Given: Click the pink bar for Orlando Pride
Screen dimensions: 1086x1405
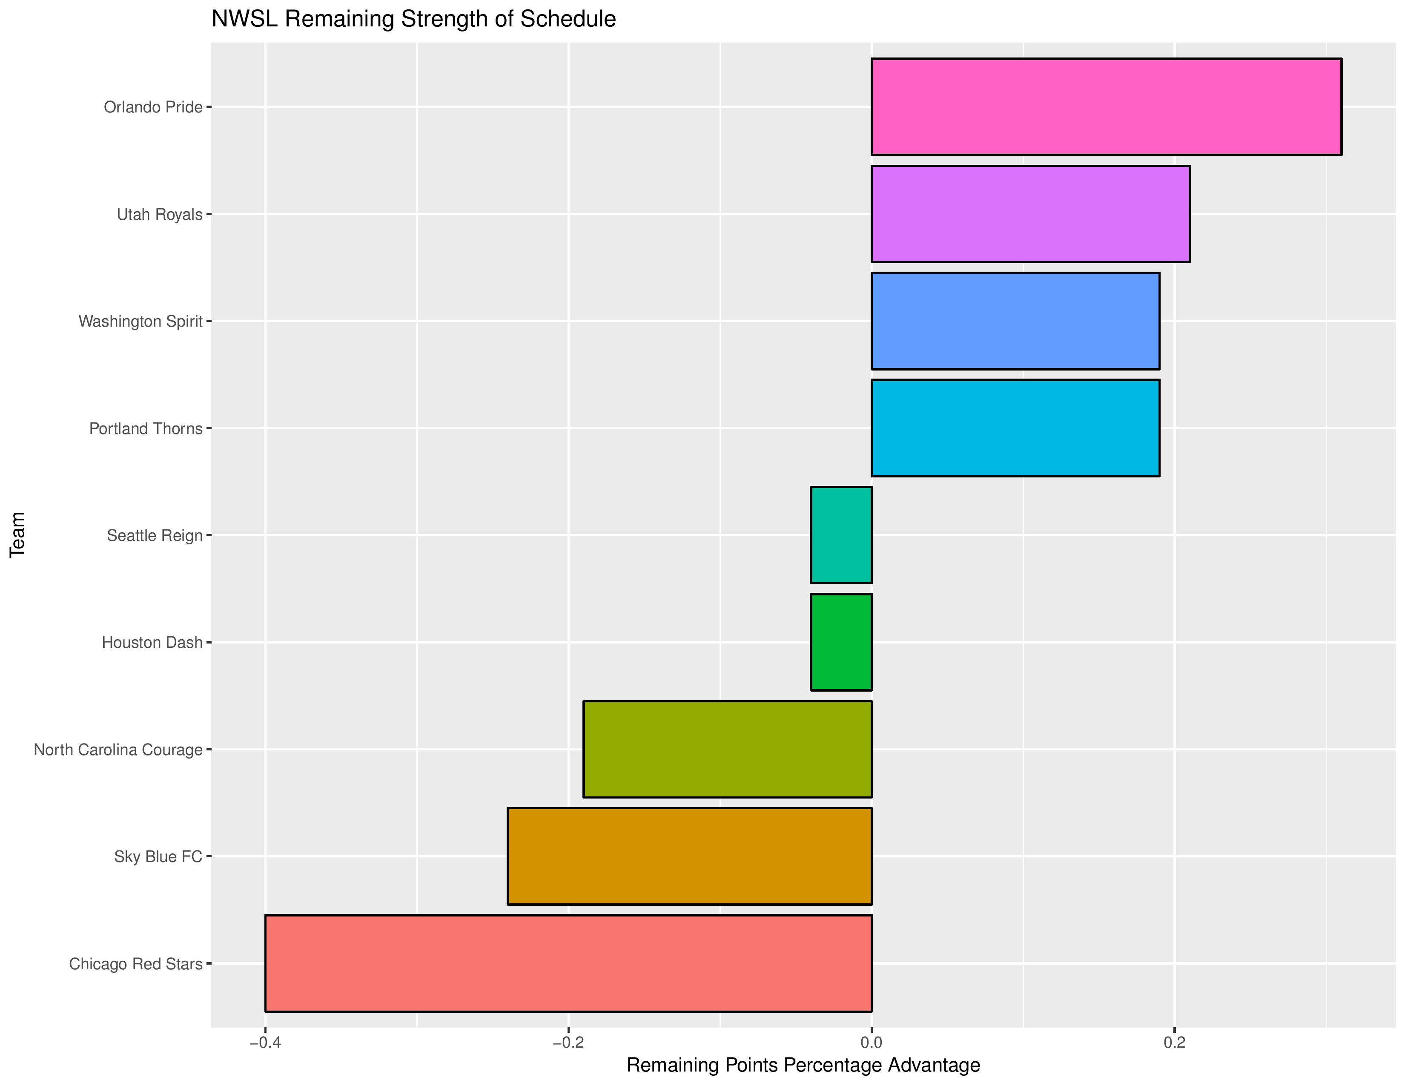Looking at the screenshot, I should [1106, 107].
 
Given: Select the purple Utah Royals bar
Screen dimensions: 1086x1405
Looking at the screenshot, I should [1030, 214].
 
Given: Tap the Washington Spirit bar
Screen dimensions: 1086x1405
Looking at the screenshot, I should [1015, 321].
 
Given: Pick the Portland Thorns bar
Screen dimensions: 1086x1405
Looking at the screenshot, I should [1015, 428].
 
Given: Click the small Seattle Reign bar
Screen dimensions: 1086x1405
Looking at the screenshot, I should [841, 535].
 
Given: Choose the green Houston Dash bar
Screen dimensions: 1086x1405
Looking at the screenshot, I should [841, 642].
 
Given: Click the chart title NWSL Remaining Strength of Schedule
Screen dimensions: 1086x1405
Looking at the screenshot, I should [414, 19].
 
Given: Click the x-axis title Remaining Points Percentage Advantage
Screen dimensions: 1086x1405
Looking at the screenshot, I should [803, 1066].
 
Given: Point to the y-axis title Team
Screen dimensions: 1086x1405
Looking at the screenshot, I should [17, 534].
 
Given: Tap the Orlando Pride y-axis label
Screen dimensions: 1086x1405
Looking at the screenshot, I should [153, 107].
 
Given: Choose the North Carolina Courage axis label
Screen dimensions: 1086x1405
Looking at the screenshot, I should [118, 750].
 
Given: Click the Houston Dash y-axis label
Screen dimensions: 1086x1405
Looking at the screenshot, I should [152, 643].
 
